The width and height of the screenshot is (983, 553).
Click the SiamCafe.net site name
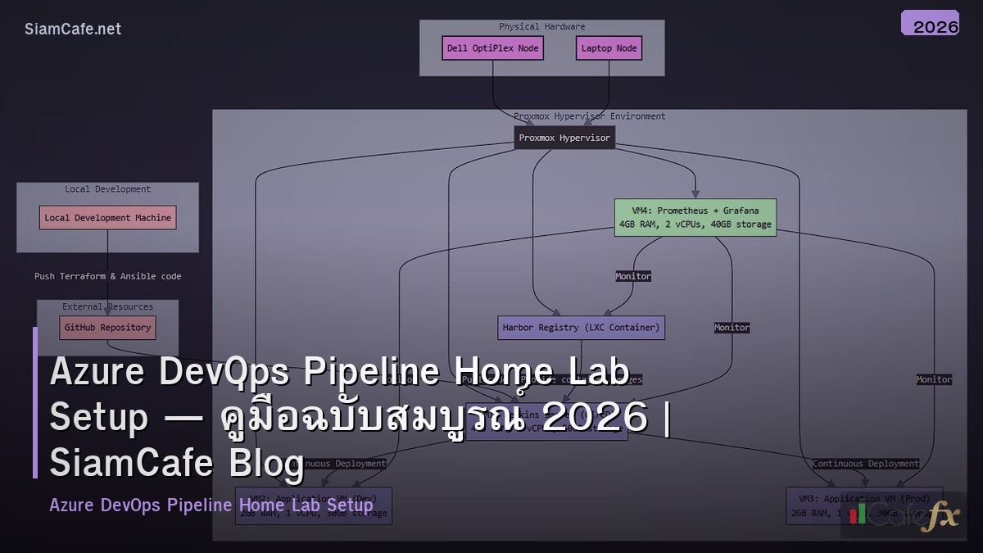coord(73,29)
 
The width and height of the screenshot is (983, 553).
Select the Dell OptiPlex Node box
coord(492,48)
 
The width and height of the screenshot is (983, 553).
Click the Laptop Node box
coord(609,48)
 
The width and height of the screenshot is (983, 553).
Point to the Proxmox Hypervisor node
coord(564,138)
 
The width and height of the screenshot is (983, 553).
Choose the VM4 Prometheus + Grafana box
coord(695,217)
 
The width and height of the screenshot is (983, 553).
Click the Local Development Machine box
coord(107,218)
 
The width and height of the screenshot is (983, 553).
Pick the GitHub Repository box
coord(107,328)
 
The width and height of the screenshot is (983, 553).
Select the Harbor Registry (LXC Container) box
coord(581,328)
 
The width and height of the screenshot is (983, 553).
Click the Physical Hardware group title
coord(541,27)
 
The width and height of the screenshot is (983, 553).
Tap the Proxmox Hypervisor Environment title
coord(590,116)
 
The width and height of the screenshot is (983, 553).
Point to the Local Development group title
coord(107,189)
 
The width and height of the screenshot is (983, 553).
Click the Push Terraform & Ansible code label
coord(107,276)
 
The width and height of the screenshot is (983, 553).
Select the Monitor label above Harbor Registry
coord(633,277)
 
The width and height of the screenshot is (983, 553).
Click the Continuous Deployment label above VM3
coord(865,464)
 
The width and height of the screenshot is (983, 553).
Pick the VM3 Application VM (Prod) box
coord(864,505)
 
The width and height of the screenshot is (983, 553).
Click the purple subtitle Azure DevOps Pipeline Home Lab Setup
coord(211,505)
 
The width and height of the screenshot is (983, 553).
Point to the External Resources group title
coord(107,307)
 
